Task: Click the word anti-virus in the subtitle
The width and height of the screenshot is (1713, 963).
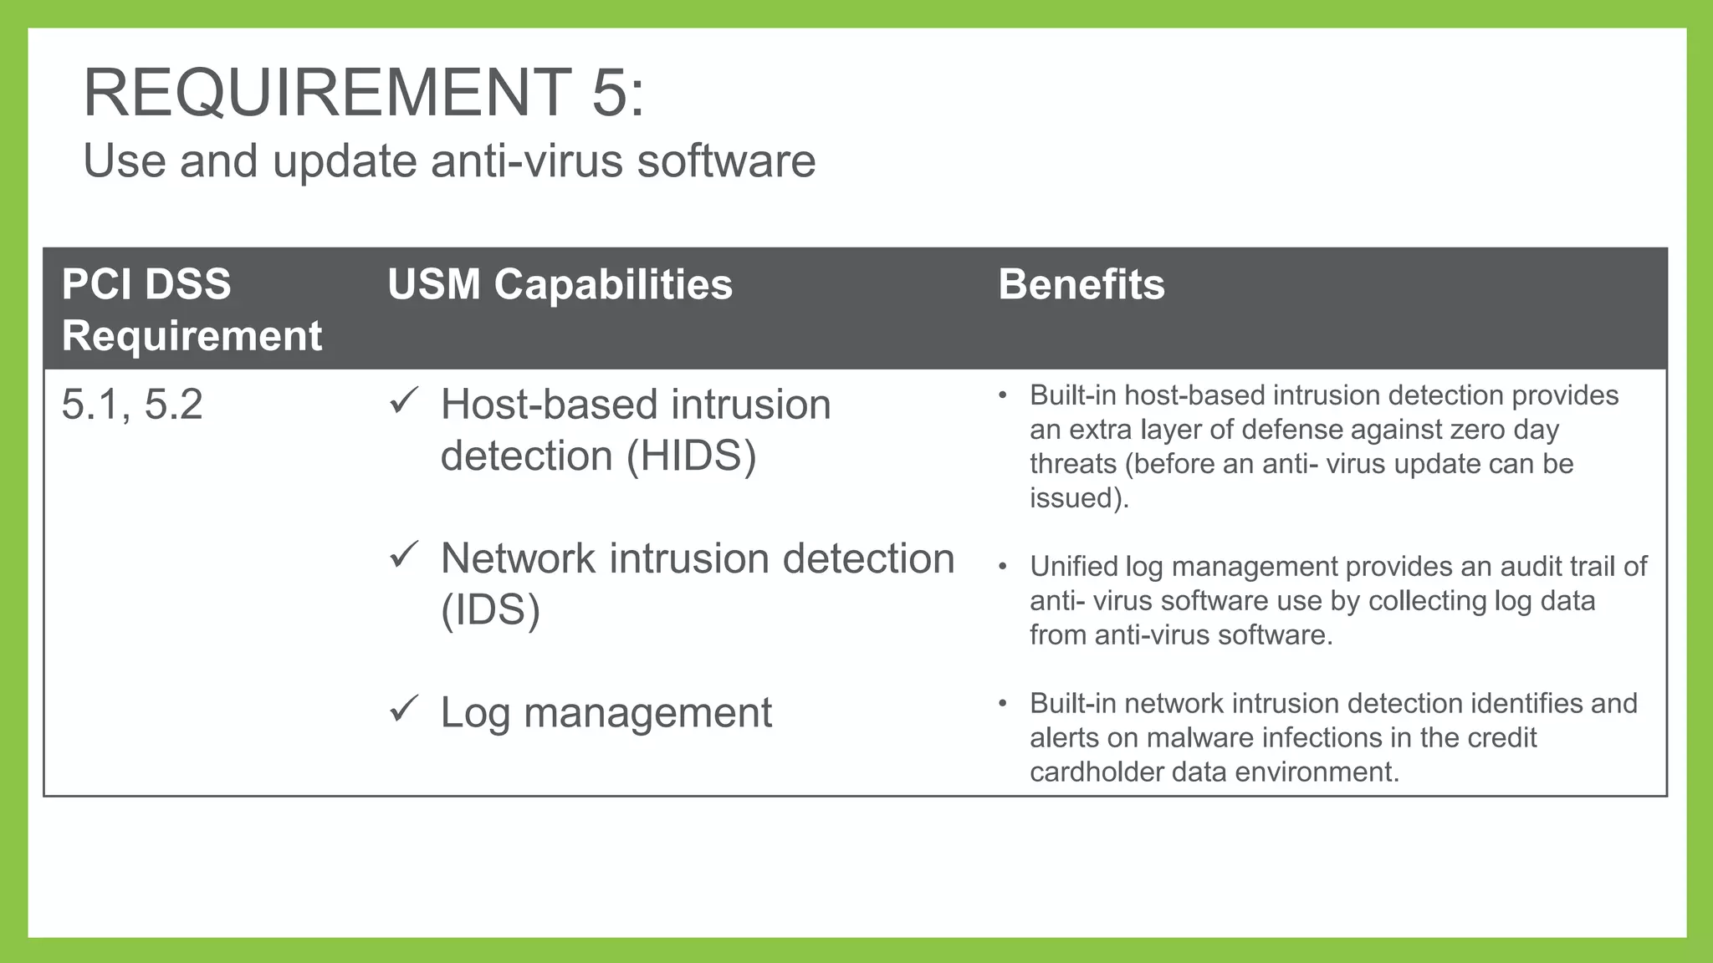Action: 527,160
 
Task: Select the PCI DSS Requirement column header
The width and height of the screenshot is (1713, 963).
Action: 191,309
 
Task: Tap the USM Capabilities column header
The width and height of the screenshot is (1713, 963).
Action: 560,284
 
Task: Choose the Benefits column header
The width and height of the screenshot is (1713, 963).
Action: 1081,284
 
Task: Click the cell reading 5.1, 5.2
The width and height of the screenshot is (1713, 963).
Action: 132,405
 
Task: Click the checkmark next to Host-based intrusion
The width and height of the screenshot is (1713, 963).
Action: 404,401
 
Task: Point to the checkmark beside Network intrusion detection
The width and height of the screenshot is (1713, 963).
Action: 404,555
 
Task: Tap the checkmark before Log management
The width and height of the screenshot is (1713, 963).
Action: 404,709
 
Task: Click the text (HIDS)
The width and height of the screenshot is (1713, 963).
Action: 691,456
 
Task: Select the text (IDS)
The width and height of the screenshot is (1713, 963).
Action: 490,610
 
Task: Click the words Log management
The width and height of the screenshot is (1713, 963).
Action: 606,713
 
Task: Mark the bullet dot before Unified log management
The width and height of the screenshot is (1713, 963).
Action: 1002,567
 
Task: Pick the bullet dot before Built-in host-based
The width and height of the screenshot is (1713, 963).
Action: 1002,395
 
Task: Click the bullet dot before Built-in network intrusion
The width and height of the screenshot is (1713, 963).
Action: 1002,704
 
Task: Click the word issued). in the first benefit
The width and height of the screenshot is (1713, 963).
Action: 1079,498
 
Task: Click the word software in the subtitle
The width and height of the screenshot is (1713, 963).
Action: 726,160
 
